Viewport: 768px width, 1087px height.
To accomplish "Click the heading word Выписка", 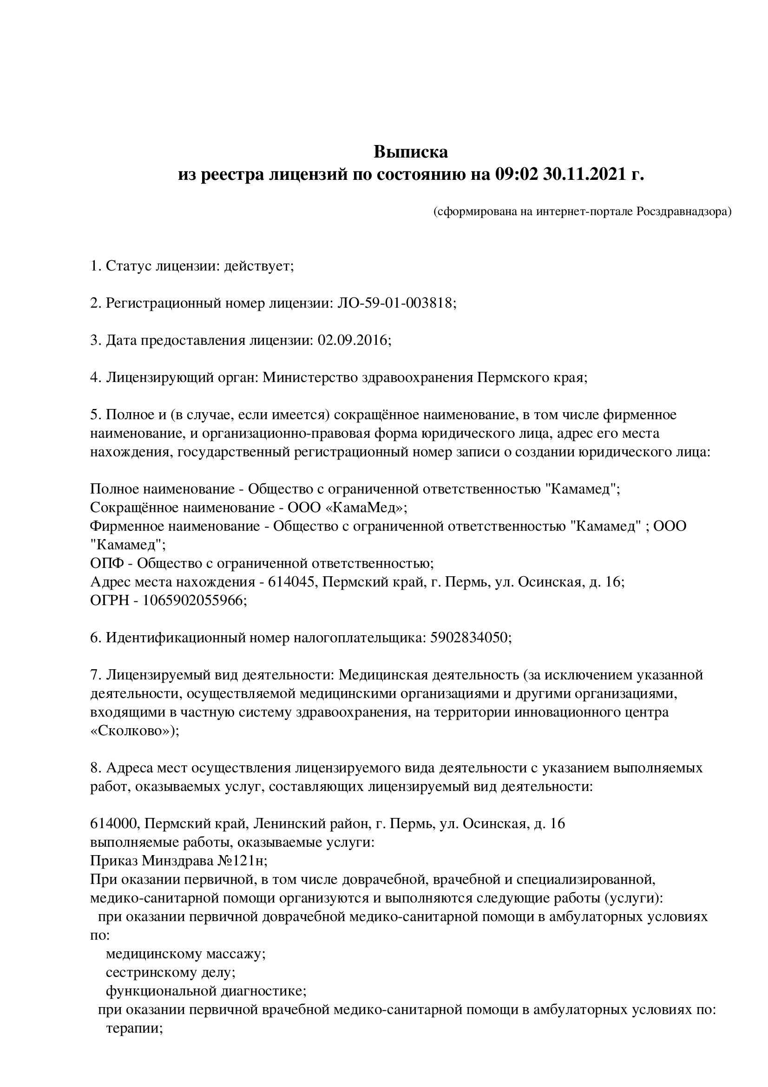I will (411, 152).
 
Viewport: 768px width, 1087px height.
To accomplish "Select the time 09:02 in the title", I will (517, 175).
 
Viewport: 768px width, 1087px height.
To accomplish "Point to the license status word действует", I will (258, 266).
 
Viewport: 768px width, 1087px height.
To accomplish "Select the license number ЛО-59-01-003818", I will (394, 303).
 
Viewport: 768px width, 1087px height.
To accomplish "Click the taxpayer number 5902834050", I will (469, 638).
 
